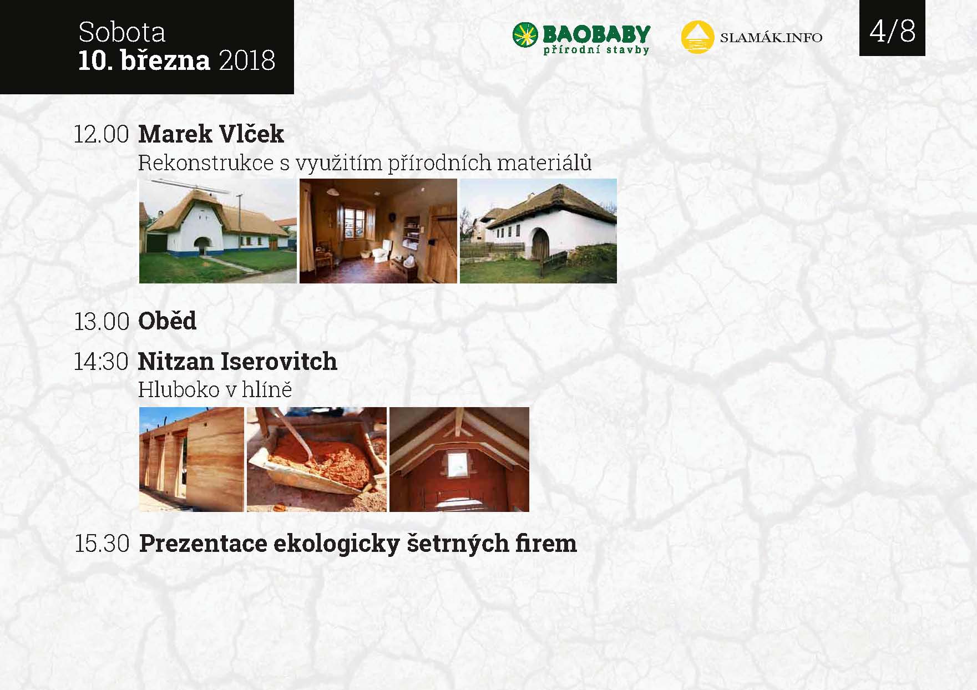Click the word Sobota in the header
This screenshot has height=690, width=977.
pos(122,32)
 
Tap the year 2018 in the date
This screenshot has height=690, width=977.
pos(247,60)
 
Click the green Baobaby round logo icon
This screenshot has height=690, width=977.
pos(525,35)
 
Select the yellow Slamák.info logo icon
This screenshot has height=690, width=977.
pos(697,37)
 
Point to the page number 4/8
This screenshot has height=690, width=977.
pos(892,31)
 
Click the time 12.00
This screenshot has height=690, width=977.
pos(102,134)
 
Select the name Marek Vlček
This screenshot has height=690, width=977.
pos(211,134)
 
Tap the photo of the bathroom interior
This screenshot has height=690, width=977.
pos(378,231)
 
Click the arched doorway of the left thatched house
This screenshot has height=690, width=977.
pos(205,246)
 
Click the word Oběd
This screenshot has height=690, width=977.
pos(167,321)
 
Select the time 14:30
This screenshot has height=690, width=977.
pos(102,362)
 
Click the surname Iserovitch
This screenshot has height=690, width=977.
pos(279,362)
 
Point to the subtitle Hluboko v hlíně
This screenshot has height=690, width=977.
pos(215,389)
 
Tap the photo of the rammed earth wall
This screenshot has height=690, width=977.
pos(191,459)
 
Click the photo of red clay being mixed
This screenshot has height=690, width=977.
pos(317,459)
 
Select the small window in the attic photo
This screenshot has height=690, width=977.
pos(458,463)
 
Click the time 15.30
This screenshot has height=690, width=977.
pos(102,544)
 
